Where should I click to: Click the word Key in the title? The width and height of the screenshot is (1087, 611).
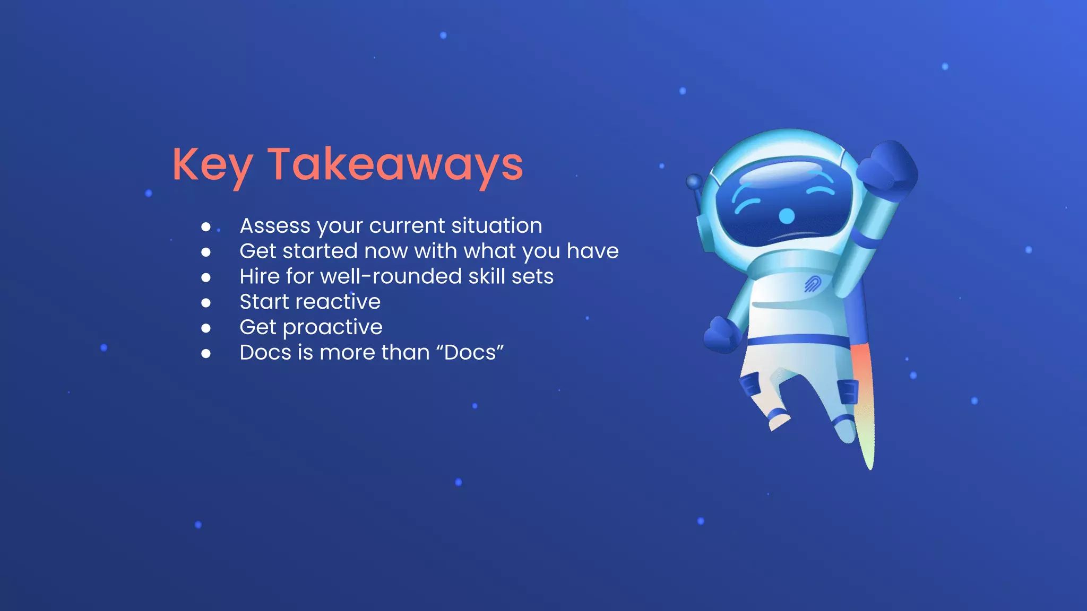click(x=212, y=165)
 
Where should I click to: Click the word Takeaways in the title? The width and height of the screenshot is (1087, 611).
click(x=395, y=164)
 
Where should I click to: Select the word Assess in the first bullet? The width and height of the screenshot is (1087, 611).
click(x=275, y=226)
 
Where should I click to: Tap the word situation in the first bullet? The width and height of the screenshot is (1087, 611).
click(x=497, y=226)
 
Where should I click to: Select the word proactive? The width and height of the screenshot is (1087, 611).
click(x=332, y=328)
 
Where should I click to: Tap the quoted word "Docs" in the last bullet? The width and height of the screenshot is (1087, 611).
click(x=474, y=353)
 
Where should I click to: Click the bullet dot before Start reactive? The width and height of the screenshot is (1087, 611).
click(x=206, y=303)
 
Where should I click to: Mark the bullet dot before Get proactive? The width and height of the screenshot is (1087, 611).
click(x=206, y=328)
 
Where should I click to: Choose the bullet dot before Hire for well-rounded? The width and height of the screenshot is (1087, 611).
click(x=206, y=277)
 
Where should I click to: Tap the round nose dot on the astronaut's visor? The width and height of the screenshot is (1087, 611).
click(x=787, y=216)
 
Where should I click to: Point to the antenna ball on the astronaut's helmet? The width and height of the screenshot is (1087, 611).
click(x=694, y=182)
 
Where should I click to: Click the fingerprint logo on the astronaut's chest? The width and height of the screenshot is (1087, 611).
click(x=812, y=284)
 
